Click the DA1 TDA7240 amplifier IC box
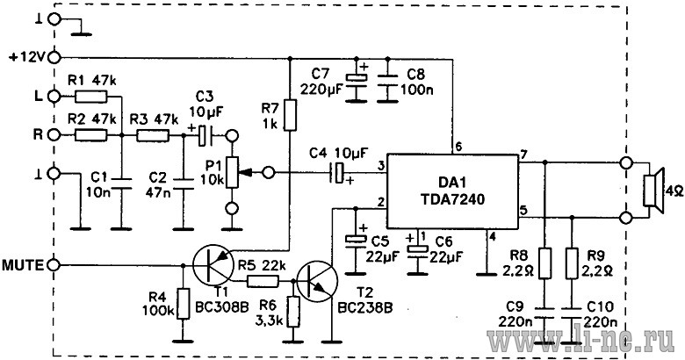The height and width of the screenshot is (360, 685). point(452,191)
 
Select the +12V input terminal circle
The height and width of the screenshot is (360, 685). point(55,57)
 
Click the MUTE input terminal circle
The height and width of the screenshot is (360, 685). point(55,265)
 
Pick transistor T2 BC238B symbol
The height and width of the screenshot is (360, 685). point(317,282)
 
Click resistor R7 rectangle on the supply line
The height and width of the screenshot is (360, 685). point(290,115)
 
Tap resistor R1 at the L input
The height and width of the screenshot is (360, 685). point(90,96)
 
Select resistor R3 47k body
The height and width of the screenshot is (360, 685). point(153,135)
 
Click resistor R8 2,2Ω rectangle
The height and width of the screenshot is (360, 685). point(544,263)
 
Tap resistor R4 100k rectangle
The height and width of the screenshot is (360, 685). point(184,303)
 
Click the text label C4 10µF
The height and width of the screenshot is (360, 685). point(339,154)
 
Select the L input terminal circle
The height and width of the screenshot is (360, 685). point(55,96)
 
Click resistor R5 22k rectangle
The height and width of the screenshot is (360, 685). point(263,282)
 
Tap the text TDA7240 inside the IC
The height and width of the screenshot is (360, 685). point(452,199)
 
